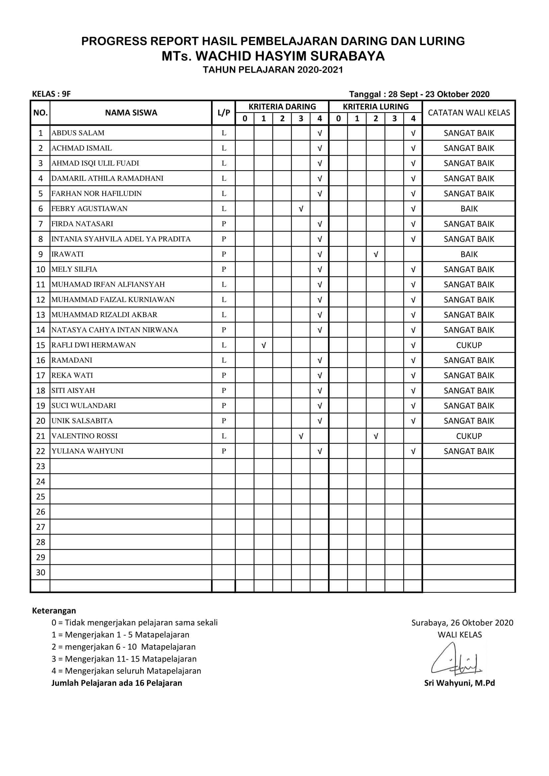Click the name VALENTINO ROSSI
85,436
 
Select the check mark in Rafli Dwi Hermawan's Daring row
264,345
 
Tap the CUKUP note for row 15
469,345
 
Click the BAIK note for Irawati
469,254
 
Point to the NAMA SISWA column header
131,113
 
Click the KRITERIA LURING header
376,107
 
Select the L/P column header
224,113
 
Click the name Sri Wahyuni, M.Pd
459,683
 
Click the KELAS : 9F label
51,94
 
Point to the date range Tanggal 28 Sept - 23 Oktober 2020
419,94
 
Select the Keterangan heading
54,611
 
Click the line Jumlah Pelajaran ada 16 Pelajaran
117,683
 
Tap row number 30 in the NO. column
40,572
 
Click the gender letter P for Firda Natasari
224,224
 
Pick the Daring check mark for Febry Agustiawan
301,209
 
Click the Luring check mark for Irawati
376,254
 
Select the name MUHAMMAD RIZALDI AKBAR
105,315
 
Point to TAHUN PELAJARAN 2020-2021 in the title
273,70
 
